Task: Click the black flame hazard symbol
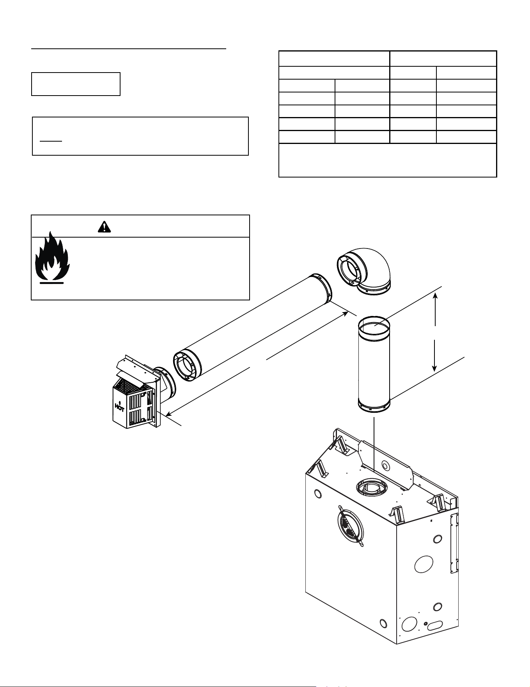tap(52, 257)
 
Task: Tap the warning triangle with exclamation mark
tap(104, 226)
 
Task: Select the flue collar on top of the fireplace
tap(372, 487)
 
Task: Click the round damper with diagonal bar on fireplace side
tap(350, 526)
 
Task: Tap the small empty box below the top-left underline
tap(76, 83)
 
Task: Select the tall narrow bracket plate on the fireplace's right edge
tap(454, 543)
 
